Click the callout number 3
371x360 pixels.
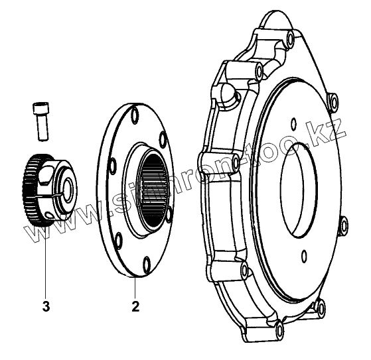46,306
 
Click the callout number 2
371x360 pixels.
135,306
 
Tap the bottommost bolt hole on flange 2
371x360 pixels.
147,264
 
